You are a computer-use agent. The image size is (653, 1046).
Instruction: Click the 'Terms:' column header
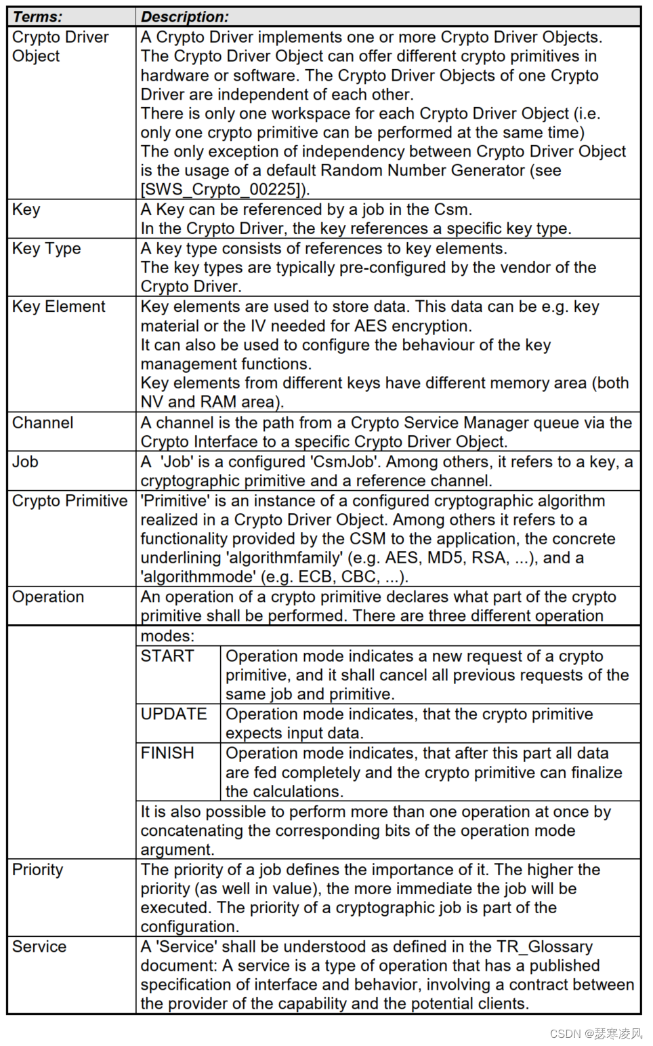click(x=38, y=16)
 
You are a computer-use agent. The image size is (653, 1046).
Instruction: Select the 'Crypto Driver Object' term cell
click(x=60, y=46)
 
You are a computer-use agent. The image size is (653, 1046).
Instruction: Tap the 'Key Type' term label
click(x=46, y=249)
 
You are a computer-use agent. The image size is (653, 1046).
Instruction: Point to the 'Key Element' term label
click(x=58, y=306)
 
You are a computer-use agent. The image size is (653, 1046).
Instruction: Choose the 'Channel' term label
click(x=43, y=423)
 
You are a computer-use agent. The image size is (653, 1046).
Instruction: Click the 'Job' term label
click(x=26, y=462)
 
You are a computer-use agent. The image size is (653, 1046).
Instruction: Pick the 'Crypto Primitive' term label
click(x=70, y=501)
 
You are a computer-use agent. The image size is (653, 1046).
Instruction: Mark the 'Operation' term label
click(x=48, y=597)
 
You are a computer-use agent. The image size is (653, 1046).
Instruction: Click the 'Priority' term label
click(x=37, y=870)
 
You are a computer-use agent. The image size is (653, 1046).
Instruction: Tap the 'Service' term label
click(x=39, y=947)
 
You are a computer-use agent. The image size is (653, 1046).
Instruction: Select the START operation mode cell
click(x=167, y=656)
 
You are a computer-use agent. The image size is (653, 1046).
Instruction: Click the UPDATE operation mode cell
click(x=174, y=715)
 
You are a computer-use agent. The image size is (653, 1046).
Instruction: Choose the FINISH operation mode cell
click(x=167, y=753)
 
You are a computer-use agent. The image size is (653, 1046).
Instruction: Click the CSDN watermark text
click(x=596, y=1033)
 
